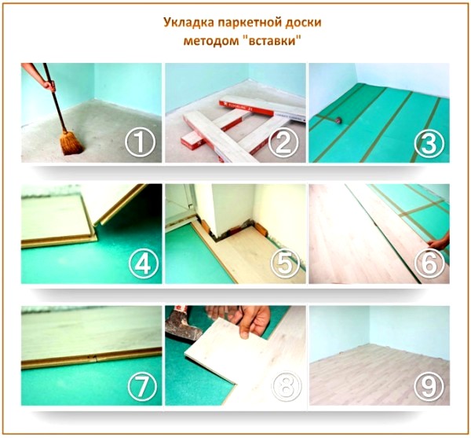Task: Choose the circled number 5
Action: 283,264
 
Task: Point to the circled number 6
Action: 429,264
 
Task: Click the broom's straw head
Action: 71,142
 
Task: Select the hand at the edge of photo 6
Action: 440,243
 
